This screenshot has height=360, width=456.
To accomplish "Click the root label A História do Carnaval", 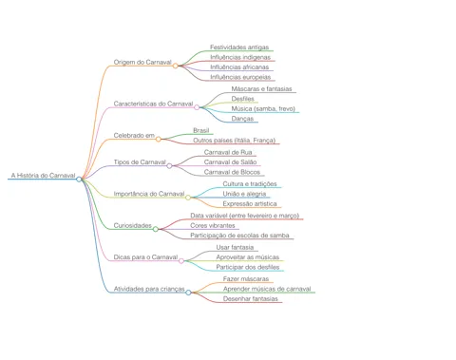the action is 44,175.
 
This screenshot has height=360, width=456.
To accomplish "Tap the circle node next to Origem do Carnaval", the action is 175,66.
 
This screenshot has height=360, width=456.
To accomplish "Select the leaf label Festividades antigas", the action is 239,47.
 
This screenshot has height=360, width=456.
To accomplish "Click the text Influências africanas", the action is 239,67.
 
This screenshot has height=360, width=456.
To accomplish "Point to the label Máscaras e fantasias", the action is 261,89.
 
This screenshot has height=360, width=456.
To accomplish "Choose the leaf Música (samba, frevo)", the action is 263,108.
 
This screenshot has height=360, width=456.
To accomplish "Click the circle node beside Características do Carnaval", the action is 197,107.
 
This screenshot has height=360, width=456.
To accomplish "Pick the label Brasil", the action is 201,130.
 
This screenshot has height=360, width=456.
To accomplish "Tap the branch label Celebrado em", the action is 134,135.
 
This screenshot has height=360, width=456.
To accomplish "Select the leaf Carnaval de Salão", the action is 230,162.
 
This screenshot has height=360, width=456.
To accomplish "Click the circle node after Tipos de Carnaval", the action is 169,165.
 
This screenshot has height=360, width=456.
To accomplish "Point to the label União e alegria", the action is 244,194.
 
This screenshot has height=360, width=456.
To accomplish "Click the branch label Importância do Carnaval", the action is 149,194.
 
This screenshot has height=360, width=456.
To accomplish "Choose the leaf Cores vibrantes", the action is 213,225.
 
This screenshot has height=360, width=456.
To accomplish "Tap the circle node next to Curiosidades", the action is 156,229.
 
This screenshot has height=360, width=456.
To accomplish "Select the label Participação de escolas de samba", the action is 239,236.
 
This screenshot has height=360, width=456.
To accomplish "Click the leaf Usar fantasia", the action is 235,247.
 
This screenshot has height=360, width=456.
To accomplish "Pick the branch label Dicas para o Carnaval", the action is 145,257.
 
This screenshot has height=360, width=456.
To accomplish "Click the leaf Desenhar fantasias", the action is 251,298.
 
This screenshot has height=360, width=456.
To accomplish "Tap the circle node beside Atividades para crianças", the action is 188,293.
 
